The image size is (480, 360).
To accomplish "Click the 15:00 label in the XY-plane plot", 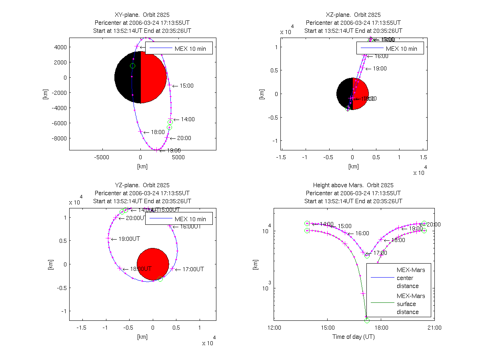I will coord(187,86).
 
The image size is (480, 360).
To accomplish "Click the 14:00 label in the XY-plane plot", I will coord(188,119).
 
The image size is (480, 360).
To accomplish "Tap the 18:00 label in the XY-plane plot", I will coord(158,132).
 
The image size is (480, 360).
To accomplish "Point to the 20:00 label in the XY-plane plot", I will coord(184,138).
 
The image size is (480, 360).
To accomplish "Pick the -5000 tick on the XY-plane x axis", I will coord(102,158).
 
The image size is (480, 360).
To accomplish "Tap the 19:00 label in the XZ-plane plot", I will coord(380,69).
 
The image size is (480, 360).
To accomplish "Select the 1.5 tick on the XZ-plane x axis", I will coord(423,158).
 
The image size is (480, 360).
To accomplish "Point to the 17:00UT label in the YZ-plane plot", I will coord(193,269).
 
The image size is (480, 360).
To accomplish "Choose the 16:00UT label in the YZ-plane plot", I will coord(190,226).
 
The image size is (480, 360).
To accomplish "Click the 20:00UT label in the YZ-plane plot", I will coord(136,218).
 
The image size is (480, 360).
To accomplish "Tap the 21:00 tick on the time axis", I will coord(434,328).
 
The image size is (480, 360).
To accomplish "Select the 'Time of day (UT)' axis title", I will coord(354,337).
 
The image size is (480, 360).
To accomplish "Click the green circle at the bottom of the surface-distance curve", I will coord(367,320).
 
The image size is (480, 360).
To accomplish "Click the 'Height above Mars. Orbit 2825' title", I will coord(353,185).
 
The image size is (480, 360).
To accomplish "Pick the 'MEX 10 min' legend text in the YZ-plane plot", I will coord(190,219).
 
